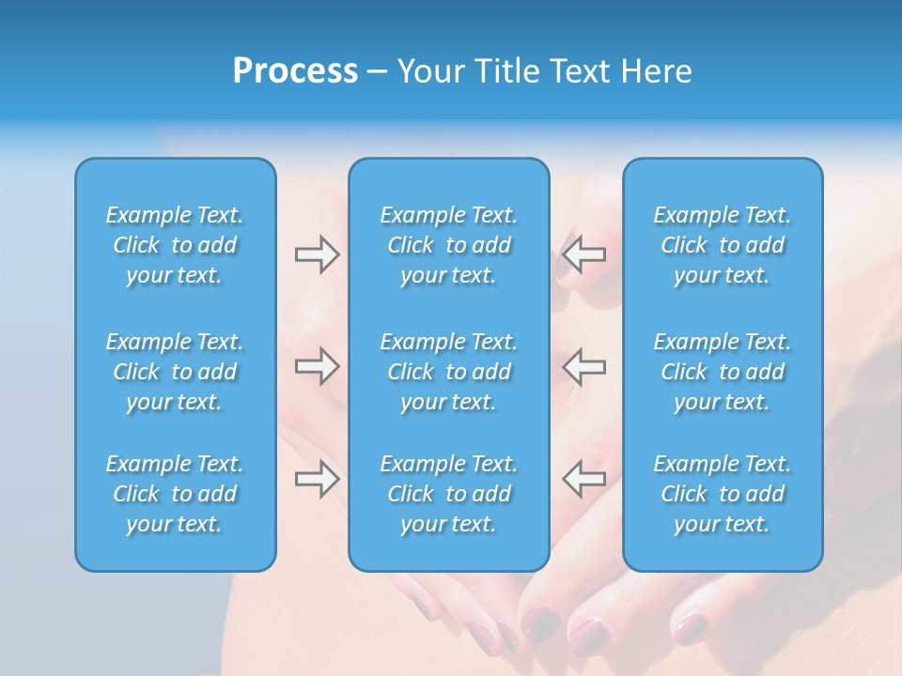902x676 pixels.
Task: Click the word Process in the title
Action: [x=295, y=71]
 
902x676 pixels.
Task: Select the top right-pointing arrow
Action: [x=317, y=254]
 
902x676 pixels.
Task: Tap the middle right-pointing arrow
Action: [x=317, y=366]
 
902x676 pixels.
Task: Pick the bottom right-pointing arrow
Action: [x=317, y=479]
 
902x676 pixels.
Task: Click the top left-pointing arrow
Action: [x=583, y=254]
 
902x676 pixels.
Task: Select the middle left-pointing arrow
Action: [x=583, y=366]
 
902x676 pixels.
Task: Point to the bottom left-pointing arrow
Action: [x=583, y=479]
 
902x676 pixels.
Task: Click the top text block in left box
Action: [x=175, y=245]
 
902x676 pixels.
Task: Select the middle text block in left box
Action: [x=175, y=372]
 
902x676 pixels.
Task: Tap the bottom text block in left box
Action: [x=175, y=494]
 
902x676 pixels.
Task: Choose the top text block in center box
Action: [x=448, y=245]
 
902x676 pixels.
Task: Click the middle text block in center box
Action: [x=448, y=372]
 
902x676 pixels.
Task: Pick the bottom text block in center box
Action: [x=448, y=494]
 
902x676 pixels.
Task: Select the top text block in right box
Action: [x=722, y=245]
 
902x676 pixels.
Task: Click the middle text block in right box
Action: [x=722, y=372]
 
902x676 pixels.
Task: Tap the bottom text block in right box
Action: [x=722, y=494]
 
